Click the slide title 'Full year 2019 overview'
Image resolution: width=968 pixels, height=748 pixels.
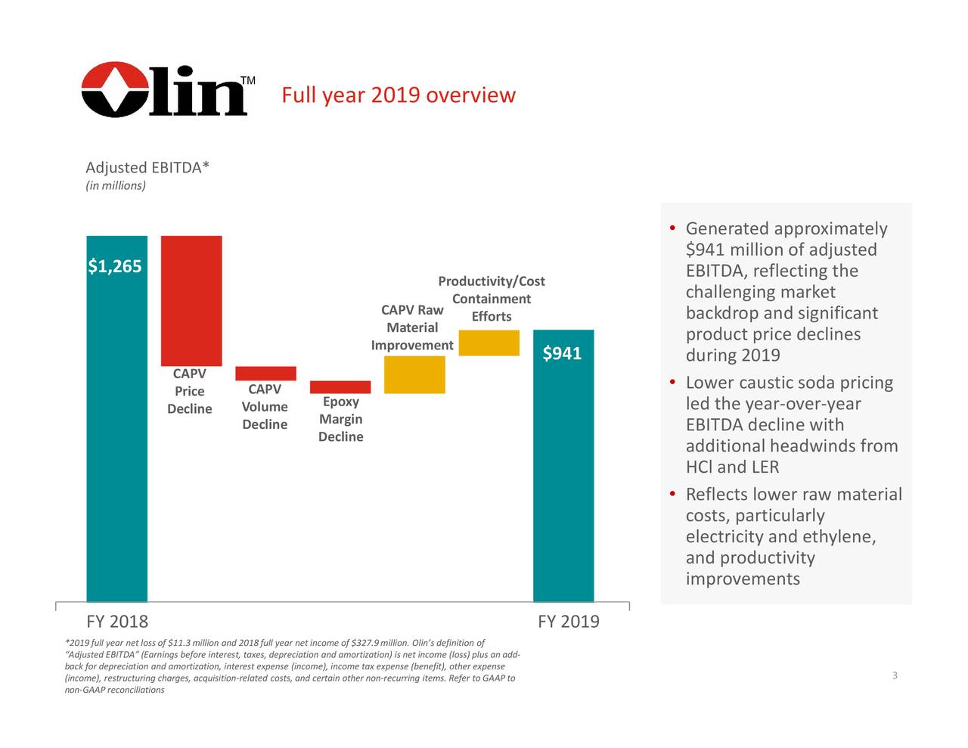[398, 96]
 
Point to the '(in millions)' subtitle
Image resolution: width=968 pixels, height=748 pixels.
[116, 186]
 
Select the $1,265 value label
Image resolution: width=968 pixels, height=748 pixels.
[115, 266]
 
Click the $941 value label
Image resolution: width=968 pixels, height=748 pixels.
[562, 353]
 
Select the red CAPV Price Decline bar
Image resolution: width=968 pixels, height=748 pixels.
[191, 300]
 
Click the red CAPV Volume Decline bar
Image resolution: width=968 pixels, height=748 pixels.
[265, 373]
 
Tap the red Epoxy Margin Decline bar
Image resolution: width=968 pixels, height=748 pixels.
[340, 387]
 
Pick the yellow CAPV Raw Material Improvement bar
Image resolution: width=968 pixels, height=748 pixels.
[414, 374]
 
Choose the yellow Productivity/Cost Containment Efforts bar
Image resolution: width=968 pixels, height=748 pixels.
[489, 343]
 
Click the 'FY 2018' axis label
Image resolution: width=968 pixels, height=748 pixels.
[117, 622]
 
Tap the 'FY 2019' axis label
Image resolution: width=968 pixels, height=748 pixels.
[568, 622]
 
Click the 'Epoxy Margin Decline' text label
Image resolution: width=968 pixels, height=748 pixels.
[340, 419]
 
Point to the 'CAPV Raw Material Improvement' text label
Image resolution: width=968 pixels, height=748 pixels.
[412, 327]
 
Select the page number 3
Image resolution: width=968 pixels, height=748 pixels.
[895, 675]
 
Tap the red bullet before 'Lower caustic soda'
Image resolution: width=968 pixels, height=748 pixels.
[672, 383]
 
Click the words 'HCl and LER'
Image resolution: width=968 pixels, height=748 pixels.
[732, 467]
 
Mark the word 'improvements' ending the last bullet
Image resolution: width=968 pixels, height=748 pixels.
[742, 579]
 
